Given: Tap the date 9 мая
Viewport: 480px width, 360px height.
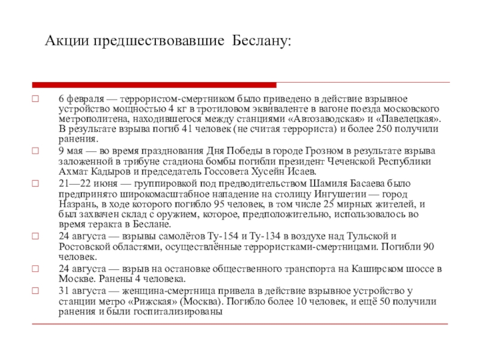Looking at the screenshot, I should click(72, 150).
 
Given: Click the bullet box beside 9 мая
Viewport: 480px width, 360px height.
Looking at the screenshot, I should click(35, 151).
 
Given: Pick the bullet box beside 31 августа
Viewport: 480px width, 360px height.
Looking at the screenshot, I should click(35, 292).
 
